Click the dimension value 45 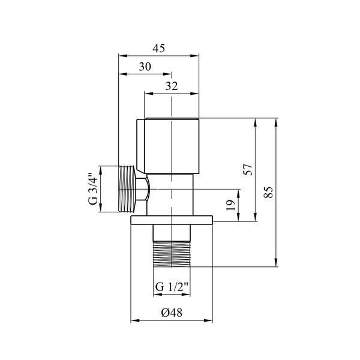159,49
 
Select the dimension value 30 145,67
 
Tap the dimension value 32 172,86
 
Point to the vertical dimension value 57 248,170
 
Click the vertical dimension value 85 268,193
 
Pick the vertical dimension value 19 231,205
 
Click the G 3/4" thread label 93,188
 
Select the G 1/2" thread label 172,287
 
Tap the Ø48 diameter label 172,313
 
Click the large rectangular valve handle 168,146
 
